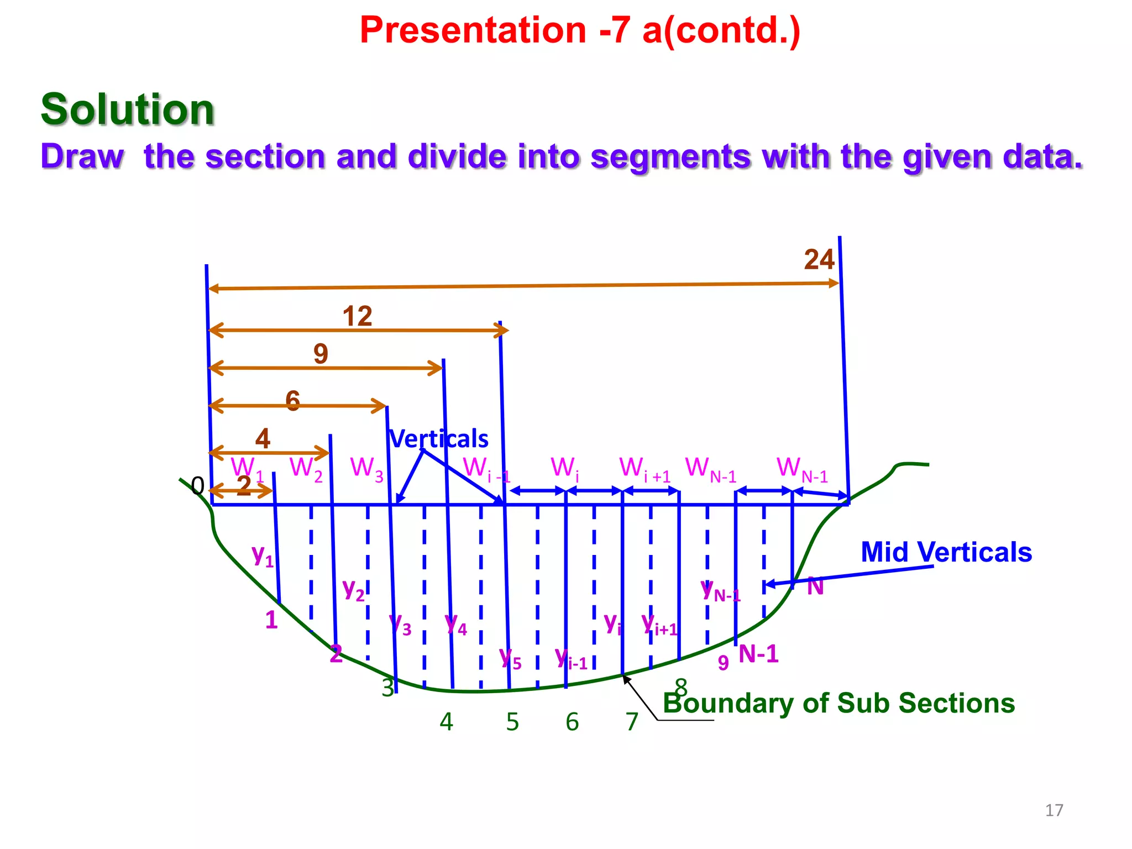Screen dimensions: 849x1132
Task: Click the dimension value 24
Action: coord(819,260)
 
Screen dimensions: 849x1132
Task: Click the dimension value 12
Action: coord(358,317)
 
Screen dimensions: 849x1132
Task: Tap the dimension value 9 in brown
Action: coord(321,354)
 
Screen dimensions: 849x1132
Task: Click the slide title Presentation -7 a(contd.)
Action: coord(580,30)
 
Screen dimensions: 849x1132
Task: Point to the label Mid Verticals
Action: coord(946,552)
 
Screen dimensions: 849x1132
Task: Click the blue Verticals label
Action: coord(439,439)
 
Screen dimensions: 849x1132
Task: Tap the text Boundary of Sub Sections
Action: coord(838,703)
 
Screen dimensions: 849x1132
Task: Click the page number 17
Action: coord(1054,810)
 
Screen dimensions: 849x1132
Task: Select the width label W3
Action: coord(366,469)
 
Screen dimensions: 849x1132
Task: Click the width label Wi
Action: coord(565,469)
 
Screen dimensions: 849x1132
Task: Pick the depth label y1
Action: coord(263,554)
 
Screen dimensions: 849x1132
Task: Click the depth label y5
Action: coord(510,658)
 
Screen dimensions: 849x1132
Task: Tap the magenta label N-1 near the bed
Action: coord(758,654)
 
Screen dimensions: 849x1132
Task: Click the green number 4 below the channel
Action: coord(446,722)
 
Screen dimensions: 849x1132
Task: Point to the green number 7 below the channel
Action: coord(632,722)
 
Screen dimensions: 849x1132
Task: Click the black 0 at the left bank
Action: coord(197,486)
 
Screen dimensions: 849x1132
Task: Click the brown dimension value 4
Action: coord(263,439)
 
